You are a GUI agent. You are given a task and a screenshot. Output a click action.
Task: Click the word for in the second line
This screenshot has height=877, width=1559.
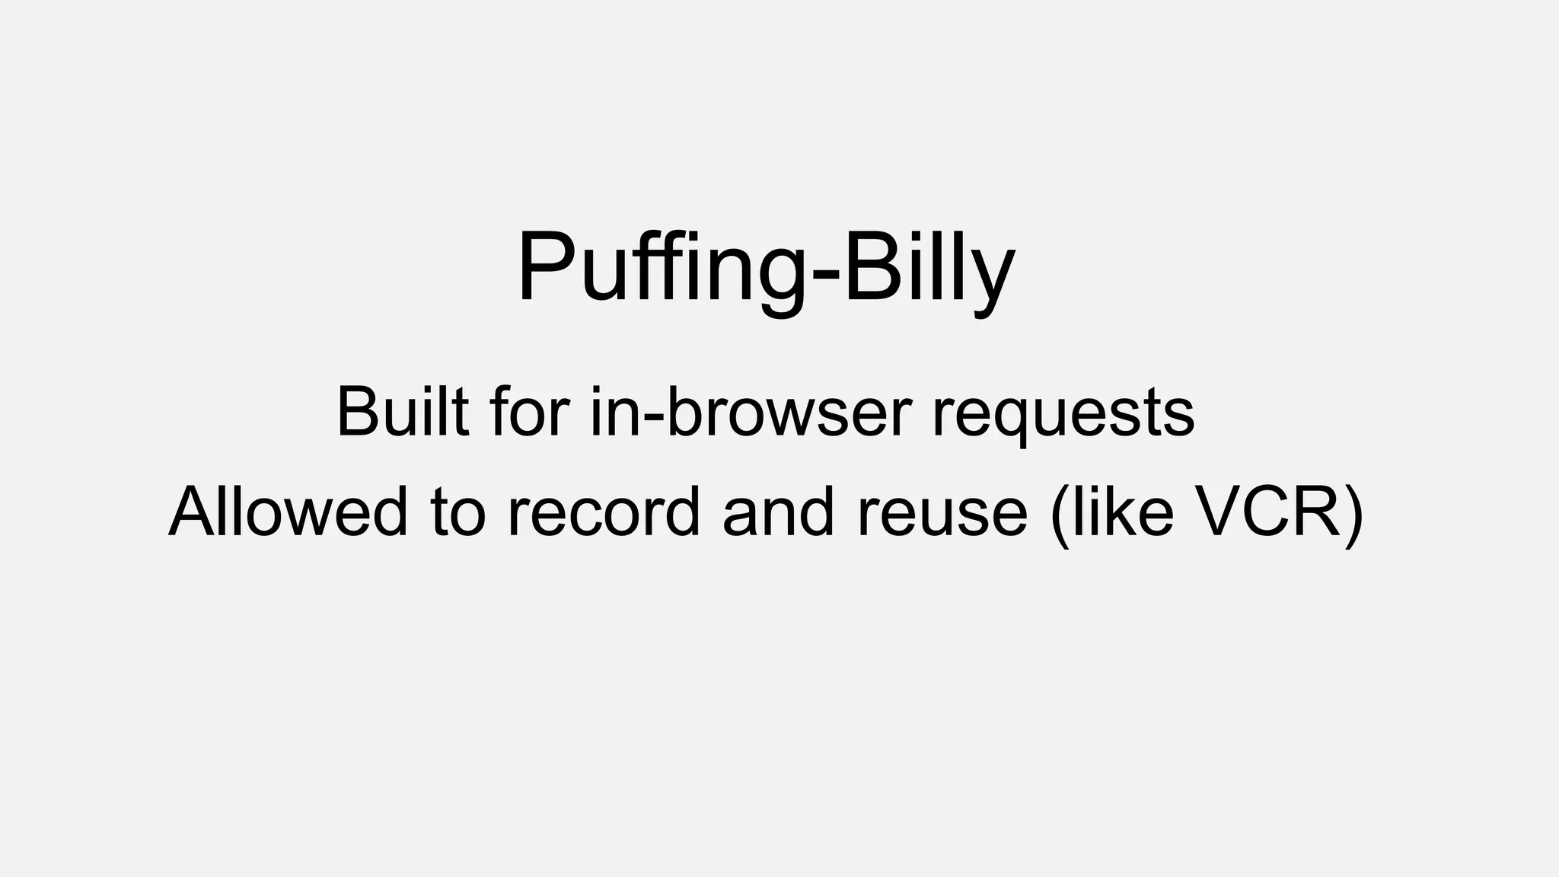click(530, 412)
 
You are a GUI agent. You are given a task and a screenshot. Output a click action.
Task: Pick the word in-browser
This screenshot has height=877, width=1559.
click(751, 412)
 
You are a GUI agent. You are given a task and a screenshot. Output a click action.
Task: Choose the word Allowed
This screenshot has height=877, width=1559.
click(288, 512)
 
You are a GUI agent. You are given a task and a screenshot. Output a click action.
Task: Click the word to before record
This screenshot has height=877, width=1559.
click(457, 512)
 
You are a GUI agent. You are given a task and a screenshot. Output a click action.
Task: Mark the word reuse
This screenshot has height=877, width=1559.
click(942, 512)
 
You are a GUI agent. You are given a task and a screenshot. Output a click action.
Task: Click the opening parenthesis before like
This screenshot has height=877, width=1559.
click(1059, 513)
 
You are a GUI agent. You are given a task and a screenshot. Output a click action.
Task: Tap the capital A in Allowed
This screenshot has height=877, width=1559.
click(194, 512)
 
